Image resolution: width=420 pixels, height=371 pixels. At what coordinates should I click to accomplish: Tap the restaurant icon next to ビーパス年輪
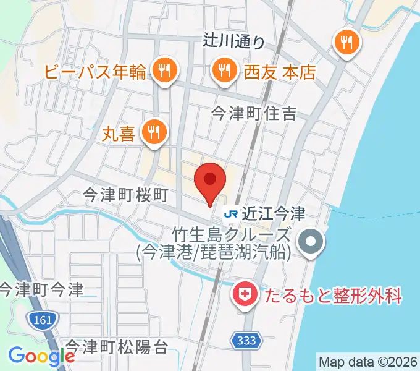point(164,70)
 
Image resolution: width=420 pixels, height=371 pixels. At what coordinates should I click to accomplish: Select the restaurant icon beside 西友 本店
point(223,70)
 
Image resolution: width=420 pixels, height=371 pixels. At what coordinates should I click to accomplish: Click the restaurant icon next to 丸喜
point(152,132)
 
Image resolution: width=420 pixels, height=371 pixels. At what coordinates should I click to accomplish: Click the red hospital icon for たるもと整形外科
point(245,294)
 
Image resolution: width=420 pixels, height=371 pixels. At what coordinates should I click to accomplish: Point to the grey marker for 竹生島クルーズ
point(311,241)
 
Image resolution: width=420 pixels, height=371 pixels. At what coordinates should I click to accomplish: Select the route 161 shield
point(41,320)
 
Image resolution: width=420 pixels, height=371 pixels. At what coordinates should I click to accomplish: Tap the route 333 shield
point(248,339)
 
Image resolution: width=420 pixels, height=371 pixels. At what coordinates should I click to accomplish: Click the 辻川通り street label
point(233,41)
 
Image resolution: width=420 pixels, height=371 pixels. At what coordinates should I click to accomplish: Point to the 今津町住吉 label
point(254,113)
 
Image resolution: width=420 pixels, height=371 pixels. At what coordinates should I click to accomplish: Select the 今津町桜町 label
point(126,196)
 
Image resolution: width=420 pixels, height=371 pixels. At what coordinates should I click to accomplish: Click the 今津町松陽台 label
point(117,347)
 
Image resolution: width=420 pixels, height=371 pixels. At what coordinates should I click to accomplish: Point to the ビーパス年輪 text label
point(96,72)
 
